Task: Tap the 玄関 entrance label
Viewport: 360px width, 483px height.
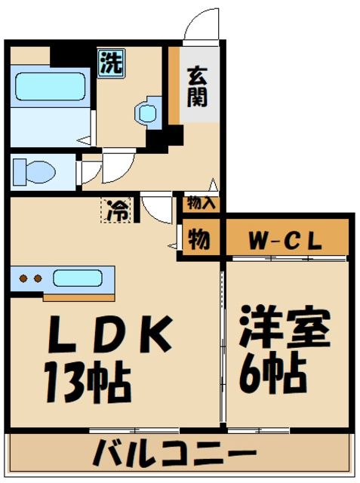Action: pos(198,88)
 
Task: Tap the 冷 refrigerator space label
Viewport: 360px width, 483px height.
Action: pos(115,211)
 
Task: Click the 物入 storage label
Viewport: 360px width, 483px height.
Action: pos(202,202)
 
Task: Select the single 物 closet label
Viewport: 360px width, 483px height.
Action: pos(199,240)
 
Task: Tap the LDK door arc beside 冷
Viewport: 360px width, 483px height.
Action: pos(157,208)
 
